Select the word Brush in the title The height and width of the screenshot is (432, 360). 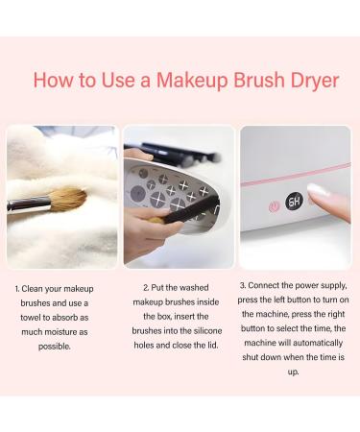253,80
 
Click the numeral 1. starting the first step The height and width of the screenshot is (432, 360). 18,288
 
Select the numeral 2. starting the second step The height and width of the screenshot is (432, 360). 146,288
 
